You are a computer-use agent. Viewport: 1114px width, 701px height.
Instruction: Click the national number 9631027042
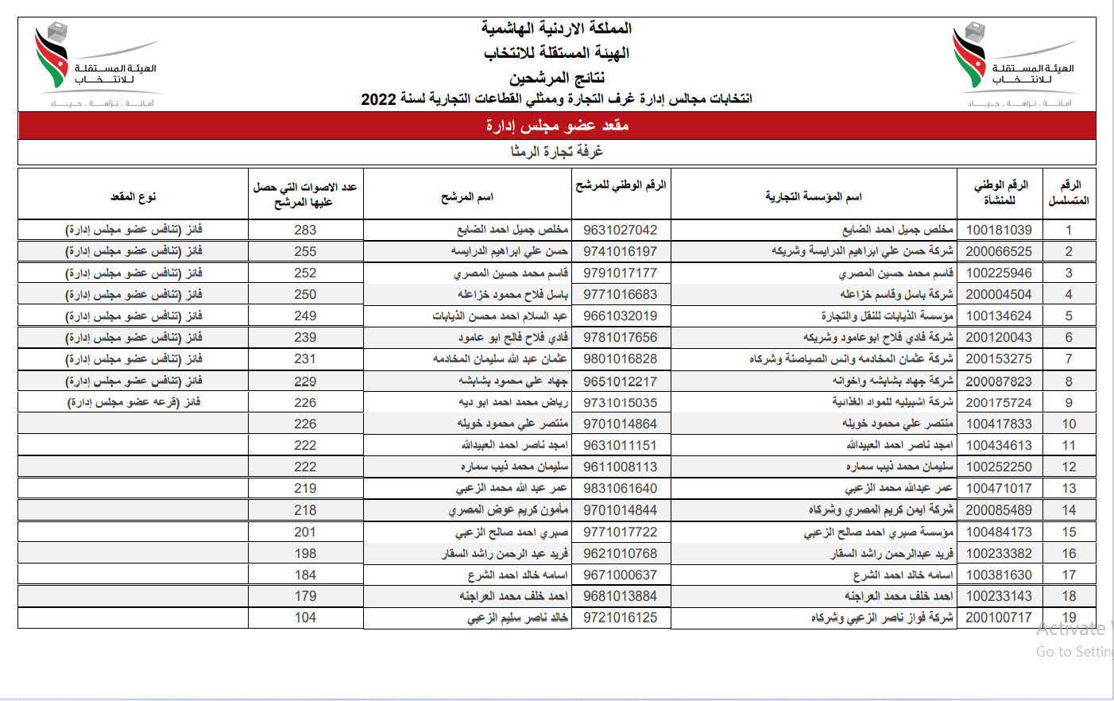620,230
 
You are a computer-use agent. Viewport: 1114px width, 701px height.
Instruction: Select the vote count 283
305,230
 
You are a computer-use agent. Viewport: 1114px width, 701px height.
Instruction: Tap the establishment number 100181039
999,230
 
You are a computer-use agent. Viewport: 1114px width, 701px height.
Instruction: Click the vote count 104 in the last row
305,618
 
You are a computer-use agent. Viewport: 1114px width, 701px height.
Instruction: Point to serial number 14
1069,510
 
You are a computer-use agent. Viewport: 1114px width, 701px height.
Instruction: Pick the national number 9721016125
620,618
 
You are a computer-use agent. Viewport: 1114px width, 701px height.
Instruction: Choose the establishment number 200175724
999,403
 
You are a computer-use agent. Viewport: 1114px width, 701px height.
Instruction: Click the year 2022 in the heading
378,99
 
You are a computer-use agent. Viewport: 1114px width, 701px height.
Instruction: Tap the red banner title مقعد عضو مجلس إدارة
557,126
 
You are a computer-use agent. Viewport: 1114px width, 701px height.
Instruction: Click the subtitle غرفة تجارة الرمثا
557,151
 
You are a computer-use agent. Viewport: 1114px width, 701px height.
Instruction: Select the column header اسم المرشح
467,196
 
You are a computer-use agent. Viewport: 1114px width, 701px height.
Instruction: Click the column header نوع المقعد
133,196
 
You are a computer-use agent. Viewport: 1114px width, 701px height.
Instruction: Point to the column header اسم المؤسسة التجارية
813,196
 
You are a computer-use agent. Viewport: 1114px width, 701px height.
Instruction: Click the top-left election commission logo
95,64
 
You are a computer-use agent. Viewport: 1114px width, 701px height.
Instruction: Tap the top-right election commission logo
1013,64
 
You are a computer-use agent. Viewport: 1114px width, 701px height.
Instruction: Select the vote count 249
305,316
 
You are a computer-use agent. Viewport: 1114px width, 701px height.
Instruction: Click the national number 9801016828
620,359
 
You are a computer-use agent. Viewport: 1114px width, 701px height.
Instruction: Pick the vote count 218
305,510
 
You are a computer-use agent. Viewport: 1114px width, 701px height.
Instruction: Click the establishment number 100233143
999,596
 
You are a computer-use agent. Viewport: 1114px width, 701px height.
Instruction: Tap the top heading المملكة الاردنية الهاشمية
557,29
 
